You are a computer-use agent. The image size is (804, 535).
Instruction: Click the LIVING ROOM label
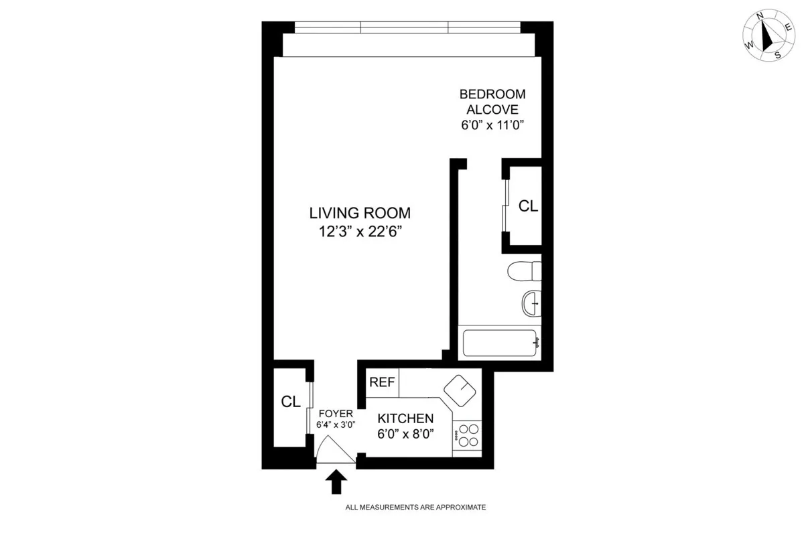(359, 214)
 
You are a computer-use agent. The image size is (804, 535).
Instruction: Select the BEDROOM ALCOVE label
(492, 102)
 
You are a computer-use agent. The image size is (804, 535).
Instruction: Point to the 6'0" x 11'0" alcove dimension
(492, 125)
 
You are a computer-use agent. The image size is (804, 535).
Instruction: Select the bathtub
(501, 342)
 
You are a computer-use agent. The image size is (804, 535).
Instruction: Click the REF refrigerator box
(382, 382)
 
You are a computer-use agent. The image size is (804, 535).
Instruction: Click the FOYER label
(335, 413)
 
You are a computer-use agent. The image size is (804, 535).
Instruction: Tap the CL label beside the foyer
(290, 402)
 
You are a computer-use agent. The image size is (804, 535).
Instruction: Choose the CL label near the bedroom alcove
(528, 206)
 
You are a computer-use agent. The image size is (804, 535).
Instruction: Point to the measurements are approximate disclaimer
(415, 508)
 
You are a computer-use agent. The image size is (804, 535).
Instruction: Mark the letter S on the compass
(777, 56)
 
